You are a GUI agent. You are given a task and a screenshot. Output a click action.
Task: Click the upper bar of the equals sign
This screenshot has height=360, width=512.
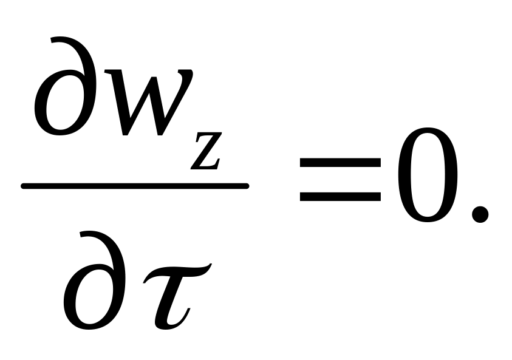point(340,163)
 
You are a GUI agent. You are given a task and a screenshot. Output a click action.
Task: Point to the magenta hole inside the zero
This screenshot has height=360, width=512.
point(428,176)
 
